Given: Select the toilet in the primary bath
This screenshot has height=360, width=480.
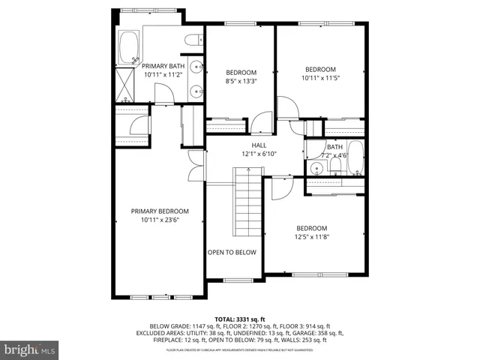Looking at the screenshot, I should tap(192, 40).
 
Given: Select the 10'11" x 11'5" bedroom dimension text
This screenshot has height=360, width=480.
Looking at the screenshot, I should tap(322, 76).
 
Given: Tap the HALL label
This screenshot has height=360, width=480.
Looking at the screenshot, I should tap(259, 145).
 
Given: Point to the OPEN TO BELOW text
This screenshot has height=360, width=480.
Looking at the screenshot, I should tap(232, 252).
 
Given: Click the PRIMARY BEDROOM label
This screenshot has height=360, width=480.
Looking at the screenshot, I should tap(160, 211).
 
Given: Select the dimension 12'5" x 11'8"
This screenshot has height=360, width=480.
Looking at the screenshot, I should tap(311, 237).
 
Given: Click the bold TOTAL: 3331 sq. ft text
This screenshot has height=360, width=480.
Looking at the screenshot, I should tap(239, 317).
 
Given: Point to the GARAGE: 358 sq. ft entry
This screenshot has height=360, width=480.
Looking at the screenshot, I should tap(322, 332).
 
